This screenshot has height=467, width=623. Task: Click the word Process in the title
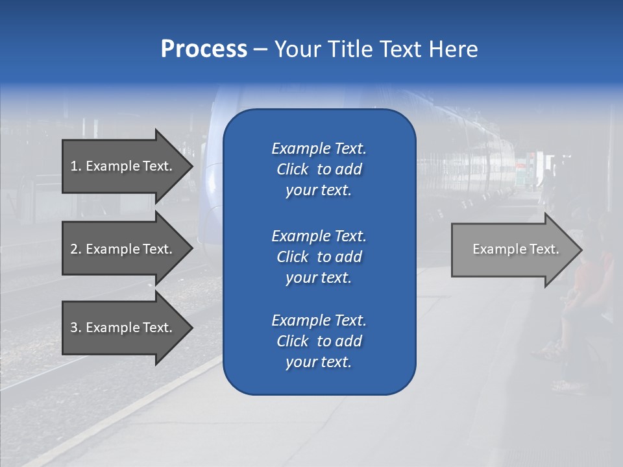click(x=204, y=49)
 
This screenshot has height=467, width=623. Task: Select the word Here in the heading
click(x=452, y=49)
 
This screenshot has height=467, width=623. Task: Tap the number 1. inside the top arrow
click(x=76, y=166)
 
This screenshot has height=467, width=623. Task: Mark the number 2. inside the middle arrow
click(x=76, y=249)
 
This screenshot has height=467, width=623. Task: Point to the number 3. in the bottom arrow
click(x=76, y=328)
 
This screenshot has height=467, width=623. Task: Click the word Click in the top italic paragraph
click(x=293, y=169)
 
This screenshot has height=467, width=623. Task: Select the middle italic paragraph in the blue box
click(x=319, y=257)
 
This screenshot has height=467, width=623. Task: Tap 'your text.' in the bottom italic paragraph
click(x=319, y=362)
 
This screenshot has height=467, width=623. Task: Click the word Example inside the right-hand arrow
click(x=495, y=249)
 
